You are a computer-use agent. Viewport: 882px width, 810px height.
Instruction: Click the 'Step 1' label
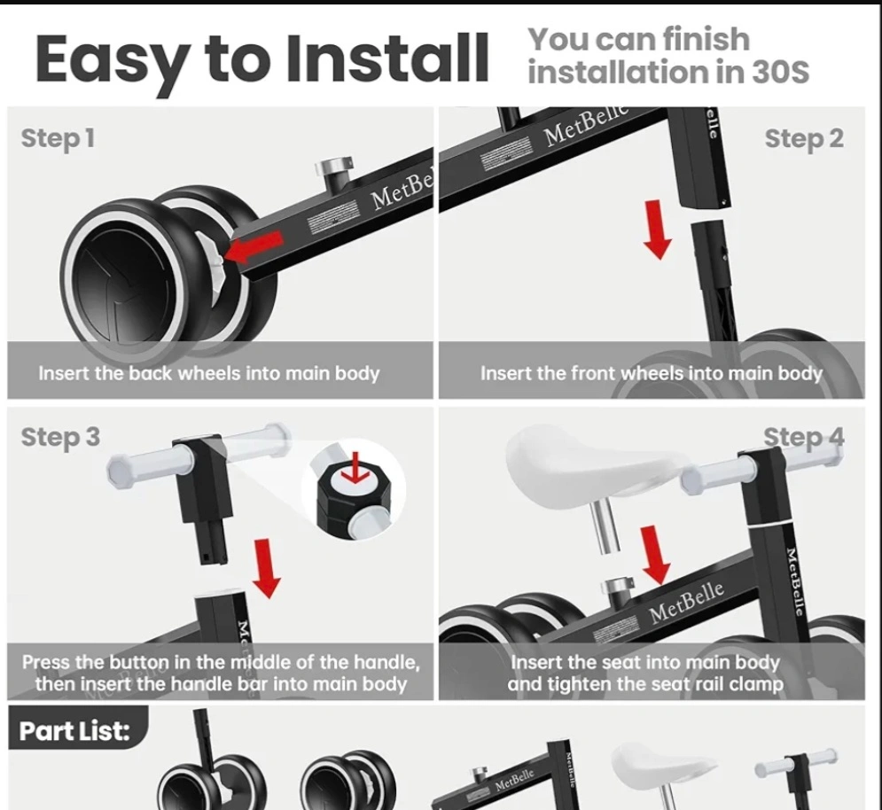58,138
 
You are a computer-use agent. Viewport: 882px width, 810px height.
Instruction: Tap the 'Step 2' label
804,138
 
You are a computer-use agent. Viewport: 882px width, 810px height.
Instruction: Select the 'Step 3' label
61,437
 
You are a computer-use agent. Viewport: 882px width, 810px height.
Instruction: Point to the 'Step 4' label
804,437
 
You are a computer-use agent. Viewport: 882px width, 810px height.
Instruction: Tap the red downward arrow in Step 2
657,230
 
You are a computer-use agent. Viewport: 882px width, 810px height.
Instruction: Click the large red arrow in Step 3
266,568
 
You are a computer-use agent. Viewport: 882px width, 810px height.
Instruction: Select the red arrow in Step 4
655,555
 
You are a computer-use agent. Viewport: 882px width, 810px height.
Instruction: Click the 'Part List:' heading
74,731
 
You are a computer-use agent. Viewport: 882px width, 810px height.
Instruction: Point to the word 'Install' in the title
387,58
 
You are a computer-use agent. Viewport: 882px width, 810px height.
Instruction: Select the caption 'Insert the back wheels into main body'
208,373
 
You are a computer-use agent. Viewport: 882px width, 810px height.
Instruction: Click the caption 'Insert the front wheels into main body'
652,373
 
